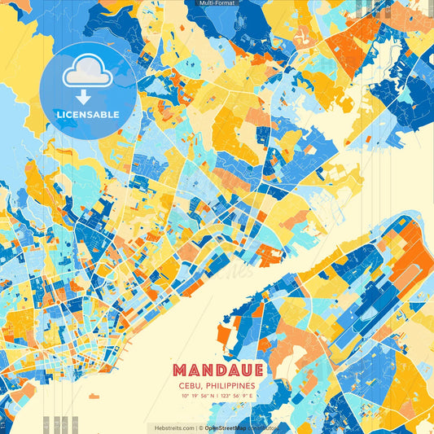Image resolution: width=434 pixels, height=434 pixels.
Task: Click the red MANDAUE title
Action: (217, 370)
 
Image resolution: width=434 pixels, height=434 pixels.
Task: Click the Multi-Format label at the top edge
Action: (217, 4)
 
